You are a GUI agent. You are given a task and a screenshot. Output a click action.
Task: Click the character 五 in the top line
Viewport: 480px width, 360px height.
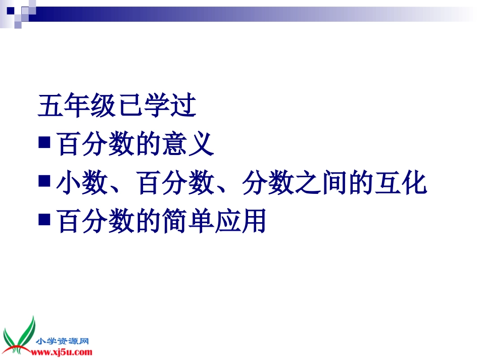pyautogui.click(x=51, y=106)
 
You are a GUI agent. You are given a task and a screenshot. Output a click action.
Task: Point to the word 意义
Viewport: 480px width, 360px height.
pyautogui.click(x=189, y=144)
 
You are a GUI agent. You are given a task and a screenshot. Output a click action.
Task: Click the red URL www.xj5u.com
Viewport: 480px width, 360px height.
pyautogui.click(x=63, y=351)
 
